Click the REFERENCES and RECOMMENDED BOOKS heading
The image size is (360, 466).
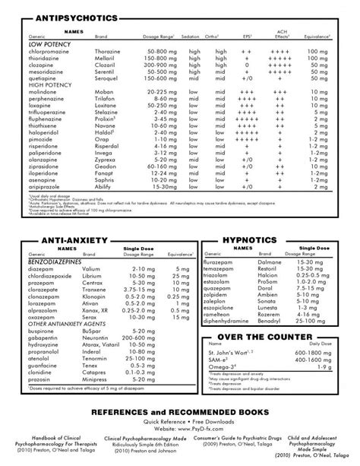coord(180,411)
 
